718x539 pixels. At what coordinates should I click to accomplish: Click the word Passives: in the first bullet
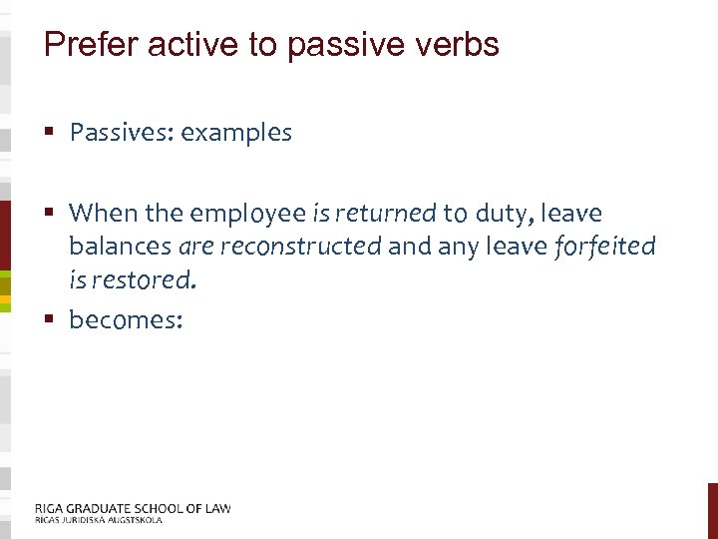[120, 133]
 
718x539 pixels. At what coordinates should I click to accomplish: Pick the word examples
[234, 134]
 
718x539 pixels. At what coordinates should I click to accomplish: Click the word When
[103, 214]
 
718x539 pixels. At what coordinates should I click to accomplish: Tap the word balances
[120, 247]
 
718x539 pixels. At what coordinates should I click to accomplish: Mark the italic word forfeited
[604, 247]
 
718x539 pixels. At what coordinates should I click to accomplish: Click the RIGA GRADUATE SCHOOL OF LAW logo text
[133, 508]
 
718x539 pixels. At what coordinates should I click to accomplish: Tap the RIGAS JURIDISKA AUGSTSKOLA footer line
[98, 520]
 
